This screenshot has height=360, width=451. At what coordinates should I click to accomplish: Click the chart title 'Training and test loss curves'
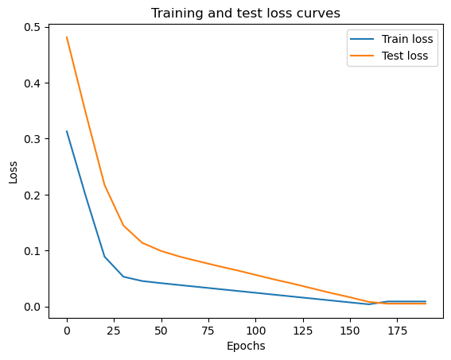[x=246, y=14]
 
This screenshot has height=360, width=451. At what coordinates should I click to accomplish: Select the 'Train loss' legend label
[x=407, y=39]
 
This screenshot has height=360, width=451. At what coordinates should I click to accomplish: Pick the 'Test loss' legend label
[x=405, y=56]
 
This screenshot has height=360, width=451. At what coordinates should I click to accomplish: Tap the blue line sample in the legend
[x=362, y=39]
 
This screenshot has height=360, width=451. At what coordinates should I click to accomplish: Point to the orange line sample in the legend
[x=362, y=56]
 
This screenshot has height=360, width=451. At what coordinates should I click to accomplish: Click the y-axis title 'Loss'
[x=13, y=172]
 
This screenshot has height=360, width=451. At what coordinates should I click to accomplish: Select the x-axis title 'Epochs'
[x=246, y=346]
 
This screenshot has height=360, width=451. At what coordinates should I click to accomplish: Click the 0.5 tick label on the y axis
[x=32, y=27]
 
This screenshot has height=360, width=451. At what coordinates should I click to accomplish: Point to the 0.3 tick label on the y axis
[x=32, y=139]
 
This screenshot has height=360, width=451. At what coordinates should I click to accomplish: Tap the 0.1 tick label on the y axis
[x=32, y=251]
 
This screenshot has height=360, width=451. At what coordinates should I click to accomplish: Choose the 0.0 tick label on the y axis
[x=32, y=307]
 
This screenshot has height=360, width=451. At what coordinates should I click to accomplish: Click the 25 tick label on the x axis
[x=114, y=331]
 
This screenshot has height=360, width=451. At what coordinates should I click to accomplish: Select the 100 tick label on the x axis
[x=255, y=331]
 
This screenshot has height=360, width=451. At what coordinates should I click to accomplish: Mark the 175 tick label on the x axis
[x=397, y=331]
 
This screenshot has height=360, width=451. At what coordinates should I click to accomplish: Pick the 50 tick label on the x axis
[x=161, y=331]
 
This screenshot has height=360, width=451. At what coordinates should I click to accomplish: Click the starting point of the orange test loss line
[x=67, y=37]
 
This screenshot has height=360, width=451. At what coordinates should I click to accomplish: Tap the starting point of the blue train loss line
[x=67, y=131]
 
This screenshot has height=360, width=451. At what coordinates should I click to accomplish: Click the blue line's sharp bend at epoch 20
[x=105, y=257]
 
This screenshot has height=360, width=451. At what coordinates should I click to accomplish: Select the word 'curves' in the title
[x=319, y=14]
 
